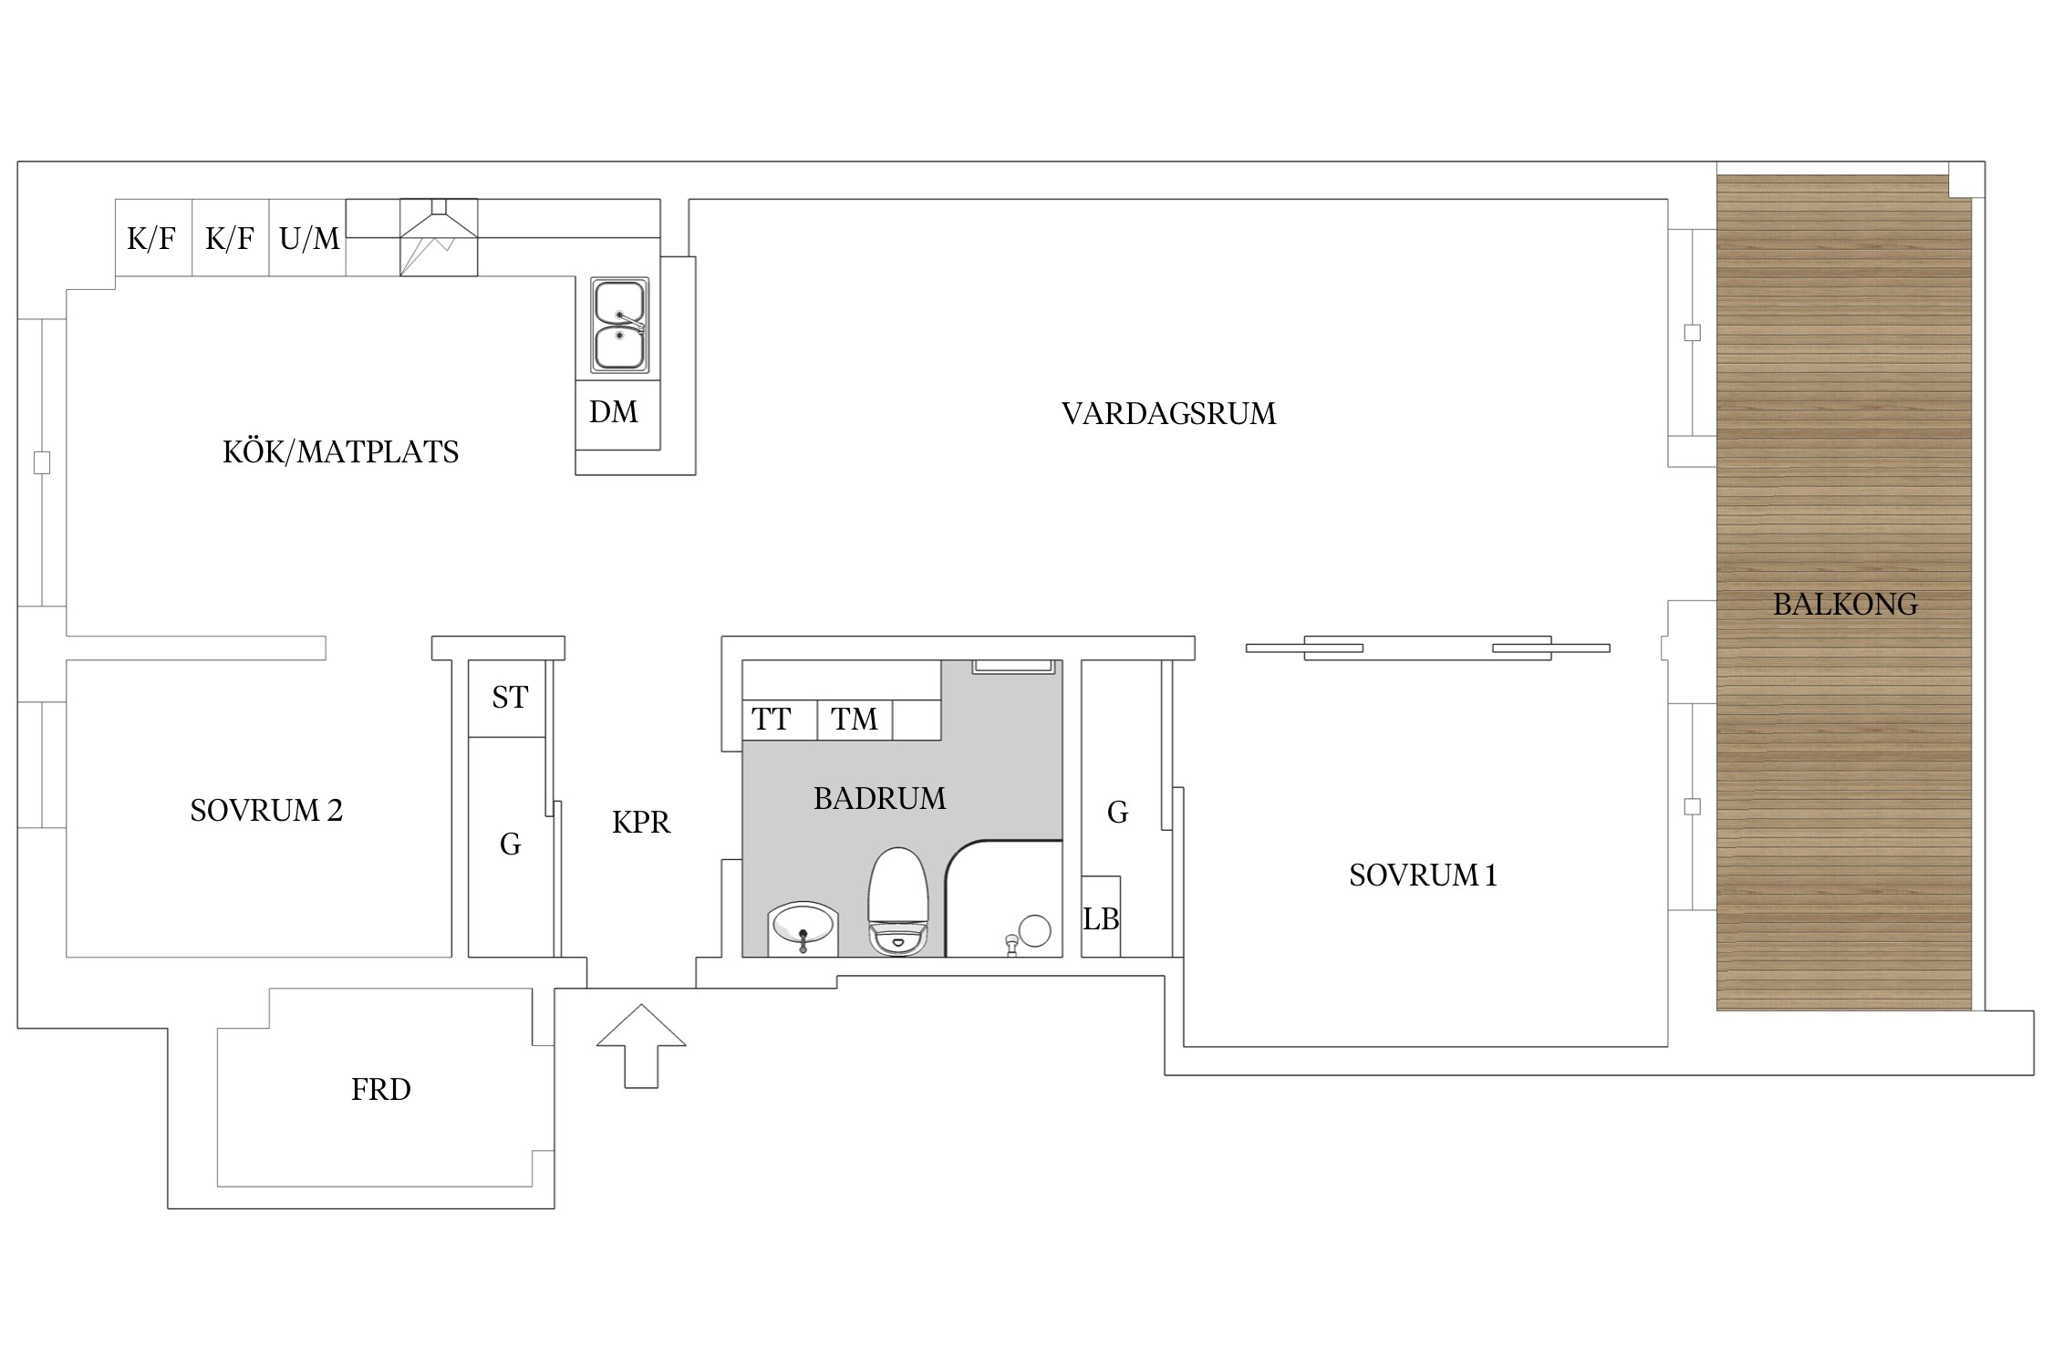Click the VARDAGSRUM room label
[x=1168, y=414]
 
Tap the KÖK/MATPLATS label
[x=340, y=451]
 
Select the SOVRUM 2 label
[x=266, y=810]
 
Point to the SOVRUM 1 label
[x=1423, y=876]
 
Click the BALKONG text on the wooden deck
[x=1844, y=604]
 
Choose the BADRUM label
[x=879, y=798]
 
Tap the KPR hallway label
[x=640, y=823]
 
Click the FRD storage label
[x=380, y=1089]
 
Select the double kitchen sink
[x=620, y=326]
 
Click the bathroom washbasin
[x=803, y=928]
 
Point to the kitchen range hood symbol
[x=439, y=237]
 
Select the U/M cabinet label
[x=309, y=239]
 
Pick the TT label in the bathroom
[x=771, y=720]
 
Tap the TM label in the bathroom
[x=854, y=720]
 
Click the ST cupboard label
[x=509, y=698]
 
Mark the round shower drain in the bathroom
[x=1034, y=931]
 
